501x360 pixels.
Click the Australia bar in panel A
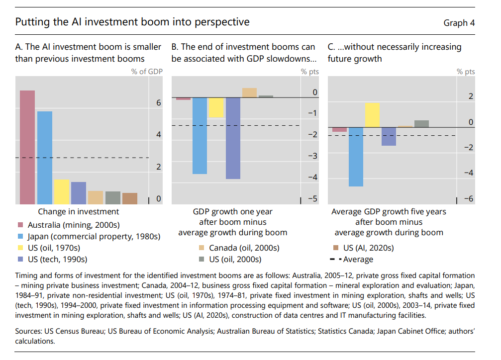pos(27,147)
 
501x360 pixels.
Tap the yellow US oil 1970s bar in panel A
pos(62,191)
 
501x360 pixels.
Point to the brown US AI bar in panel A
pos(130,198)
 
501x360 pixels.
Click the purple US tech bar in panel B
pos(233,138)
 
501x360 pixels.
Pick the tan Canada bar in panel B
pos(249,92)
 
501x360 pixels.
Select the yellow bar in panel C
pos(372,115)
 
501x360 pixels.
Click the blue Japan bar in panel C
pos(356,157)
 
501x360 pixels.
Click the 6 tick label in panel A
pos(159,103)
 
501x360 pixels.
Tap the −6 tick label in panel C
pos(468,199)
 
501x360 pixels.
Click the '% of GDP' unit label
pos(147,72)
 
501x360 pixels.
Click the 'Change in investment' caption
pos(82,212)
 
